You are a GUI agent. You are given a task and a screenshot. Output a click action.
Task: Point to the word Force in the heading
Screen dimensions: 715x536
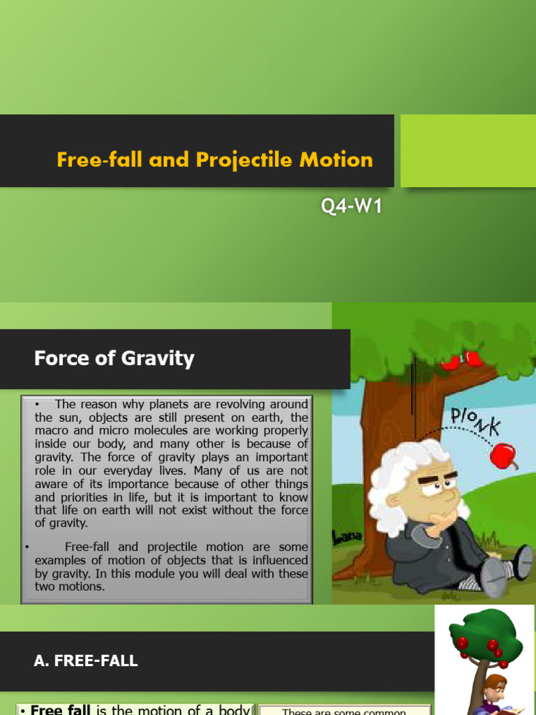tap(56, 359)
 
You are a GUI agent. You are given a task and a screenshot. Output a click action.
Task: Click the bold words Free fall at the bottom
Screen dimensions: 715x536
tap(61, 709)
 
